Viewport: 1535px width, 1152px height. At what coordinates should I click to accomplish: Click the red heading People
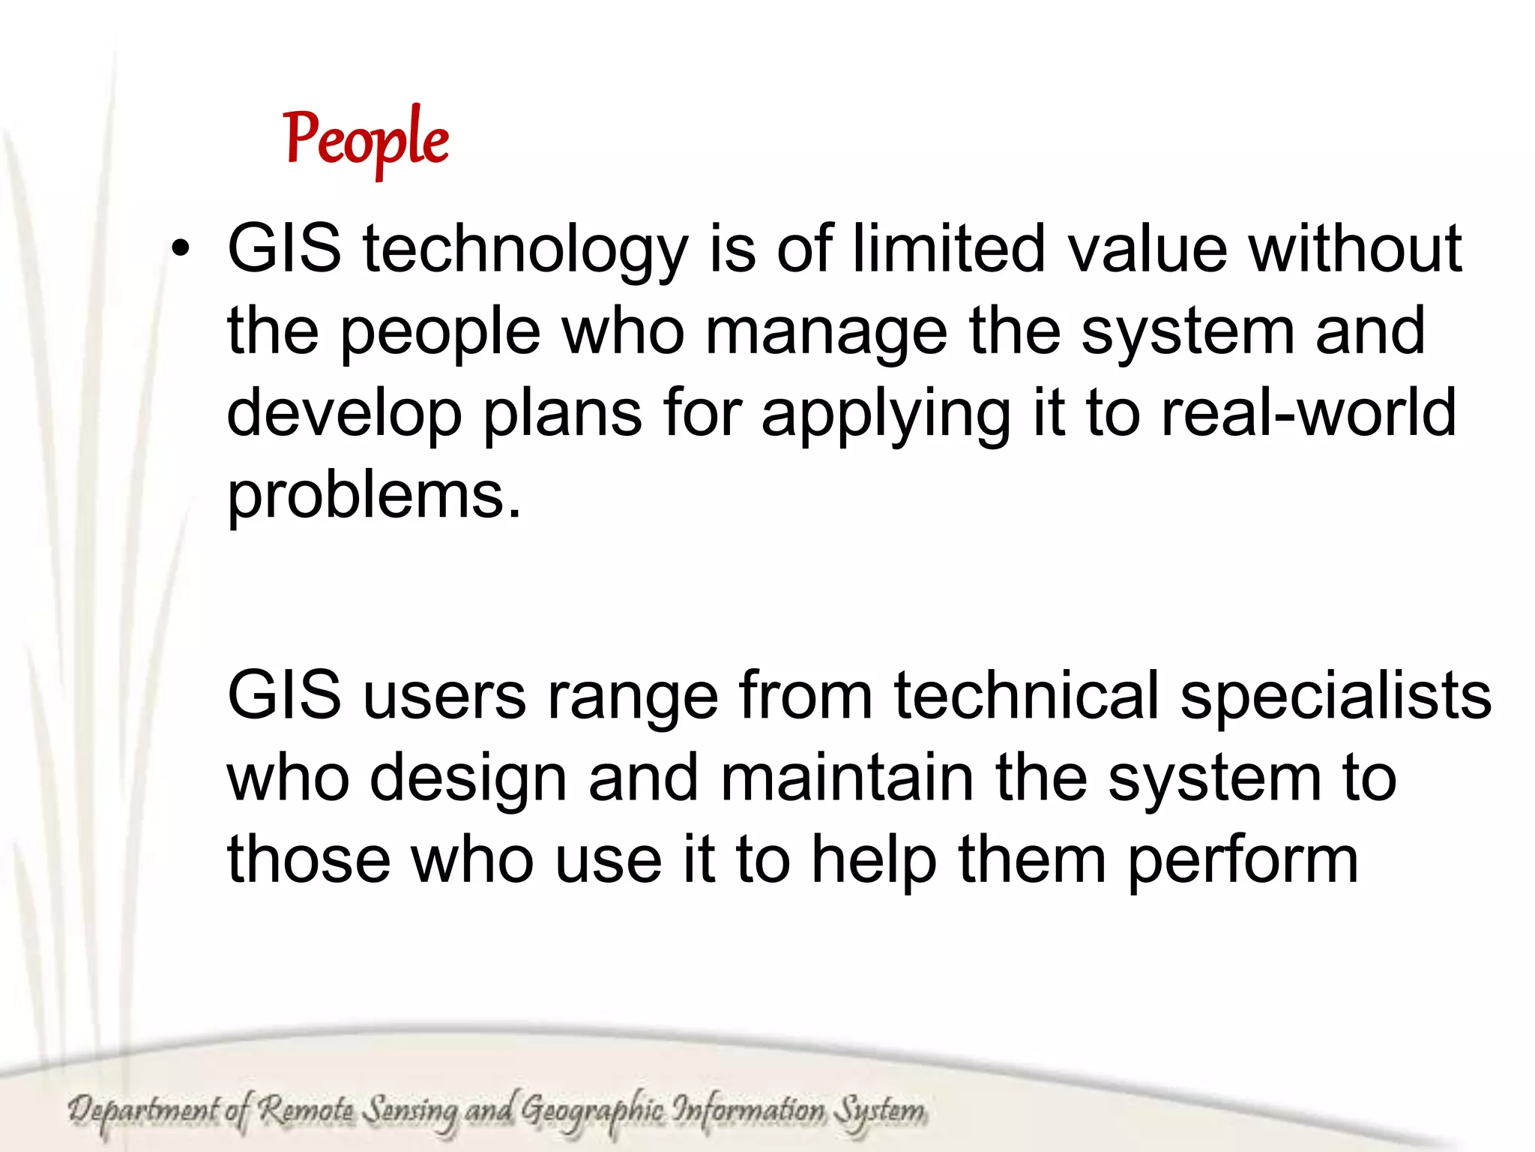(x=367, y=139)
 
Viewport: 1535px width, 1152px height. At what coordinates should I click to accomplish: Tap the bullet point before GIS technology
(x=181, y=249)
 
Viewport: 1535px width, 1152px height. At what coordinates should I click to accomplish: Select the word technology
(x=525, y=250)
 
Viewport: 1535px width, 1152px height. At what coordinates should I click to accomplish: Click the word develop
(x=344, y=415)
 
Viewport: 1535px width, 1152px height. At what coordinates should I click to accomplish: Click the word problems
(x=373, y=496)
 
